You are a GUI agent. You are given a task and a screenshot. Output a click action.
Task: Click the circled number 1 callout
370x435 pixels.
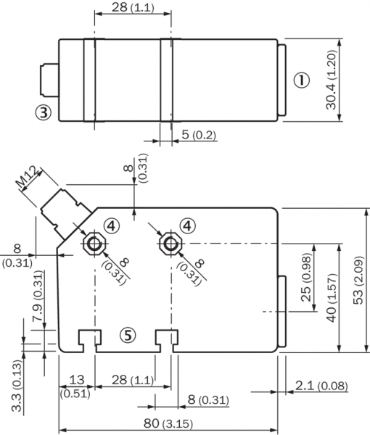click(x=301, y=80)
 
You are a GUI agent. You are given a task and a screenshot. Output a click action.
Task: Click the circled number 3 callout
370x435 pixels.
click(x=44, y=112)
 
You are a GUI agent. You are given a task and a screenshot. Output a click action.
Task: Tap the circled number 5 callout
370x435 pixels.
click(x=128, y=335)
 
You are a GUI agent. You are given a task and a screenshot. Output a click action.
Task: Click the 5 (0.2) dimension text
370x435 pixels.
click(x=199, y=135)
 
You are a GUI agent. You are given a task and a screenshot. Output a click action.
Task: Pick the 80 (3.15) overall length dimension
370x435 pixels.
click(x=168, y=423)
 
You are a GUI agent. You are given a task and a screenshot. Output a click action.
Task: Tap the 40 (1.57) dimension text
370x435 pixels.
click(x=332, y=298)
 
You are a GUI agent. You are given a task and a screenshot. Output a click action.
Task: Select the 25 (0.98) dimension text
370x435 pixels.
click(x=306, y=277)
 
